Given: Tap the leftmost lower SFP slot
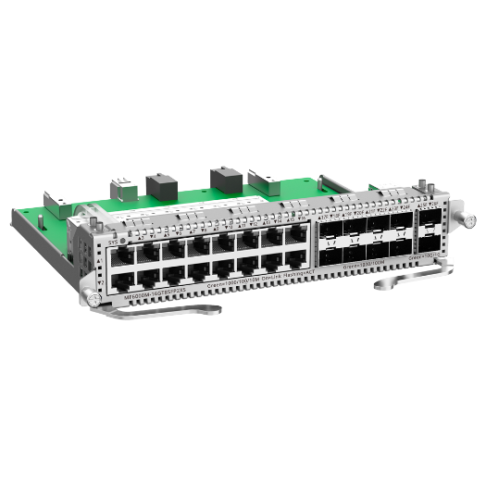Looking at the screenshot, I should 330,249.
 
